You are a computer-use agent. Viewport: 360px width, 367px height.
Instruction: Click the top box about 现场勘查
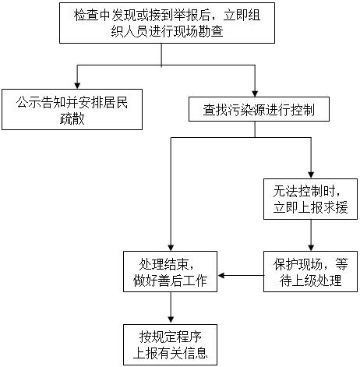tap(167, 23)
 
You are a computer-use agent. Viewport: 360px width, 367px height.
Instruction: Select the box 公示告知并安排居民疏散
tap(72, 109)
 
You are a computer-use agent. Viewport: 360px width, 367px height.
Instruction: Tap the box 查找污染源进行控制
tap(259, 109)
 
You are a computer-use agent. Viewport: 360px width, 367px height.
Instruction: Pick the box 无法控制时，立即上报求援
tap(310, 199)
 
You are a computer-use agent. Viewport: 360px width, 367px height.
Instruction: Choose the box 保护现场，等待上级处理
tap(310, 271)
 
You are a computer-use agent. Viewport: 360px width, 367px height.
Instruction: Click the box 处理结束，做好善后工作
tap(170, 271)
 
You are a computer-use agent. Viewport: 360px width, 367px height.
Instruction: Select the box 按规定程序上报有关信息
tap(170, 344)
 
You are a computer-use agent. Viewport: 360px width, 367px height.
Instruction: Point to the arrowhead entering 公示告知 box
tap(77, 86)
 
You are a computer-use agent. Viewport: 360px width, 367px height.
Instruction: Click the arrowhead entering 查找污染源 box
tap(255, 94)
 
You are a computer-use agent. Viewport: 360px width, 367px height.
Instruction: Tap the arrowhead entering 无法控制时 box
tap(311, 175)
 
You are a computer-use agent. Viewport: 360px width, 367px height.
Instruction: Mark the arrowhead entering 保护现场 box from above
tap(311, 248)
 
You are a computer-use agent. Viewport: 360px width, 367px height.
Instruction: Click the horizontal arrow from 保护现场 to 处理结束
tap(241, 276)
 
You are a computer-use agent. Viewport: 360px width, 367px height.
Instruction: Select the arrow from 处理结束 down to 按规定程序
tap(171, 308)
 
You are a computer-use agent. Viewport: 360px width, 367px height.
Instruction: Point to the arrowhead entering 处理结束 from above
tap(171, 248)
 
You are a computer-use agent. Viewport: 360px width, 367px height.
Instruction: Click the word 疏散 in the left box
tap(72, 119)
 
